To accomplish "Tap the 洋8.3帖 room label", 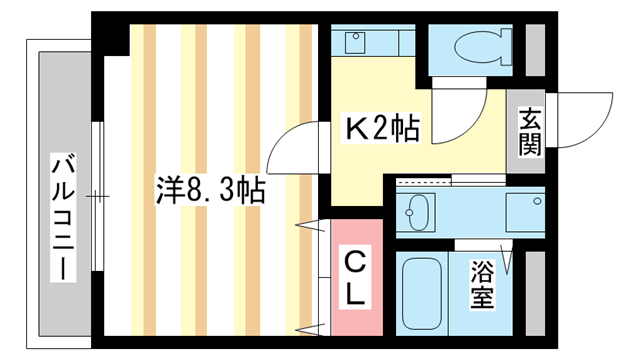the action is tap(211, 189).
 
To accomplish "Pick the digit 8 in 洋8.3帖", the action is tap(187, 190).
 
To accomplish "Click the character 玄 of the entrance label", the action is tap(530, 118).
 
